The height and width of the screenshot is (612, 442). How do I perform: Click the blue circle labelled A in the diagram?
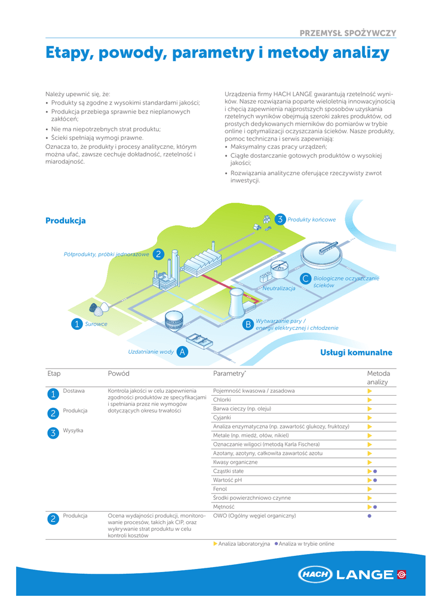[x=183, y=352]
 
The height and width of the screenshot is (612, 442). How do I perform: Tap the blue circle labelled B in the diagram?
[x=248, y=325]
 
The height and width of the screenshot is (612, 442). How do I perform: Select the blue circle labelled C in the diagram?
[x=305, y=279]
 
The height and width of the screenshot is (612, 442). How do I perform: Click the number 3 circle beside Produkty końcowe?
[x=280, y=219]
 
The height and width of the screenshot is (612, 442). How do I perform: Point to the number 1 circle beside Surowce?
[x=76, y=325]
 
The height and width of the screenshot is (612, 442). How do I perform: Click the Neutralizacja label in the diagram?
[x=279, y=289]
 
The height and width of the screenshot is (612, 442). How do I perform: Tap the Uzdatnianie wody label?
[x=151, y=352]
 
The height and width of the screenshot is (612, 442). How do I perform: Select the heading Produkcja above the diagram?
[x=66, y=221]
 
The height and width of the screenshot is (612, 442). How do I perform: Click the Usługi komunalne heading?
[x=356, y=353]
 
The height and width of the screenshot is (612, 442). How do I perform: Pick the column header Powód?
[x=118, y=374]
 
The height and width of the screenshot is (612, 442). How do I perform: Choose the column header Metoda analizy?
[x=377, y=378]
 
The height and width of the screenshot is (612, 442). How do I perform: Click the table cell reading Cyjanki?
[x=222, y=418]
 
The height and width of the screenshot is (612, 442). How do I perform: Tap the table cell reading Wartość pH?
[x=227, y=481]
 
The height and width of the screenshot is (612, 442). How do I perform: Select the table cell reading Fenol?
[x=220, y=489]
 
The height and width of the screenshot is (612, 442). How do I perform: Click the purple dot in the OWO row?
[x=370, y=516]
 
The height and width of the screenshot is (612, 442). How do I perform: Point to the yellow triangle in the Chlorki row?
[x=370, y=400]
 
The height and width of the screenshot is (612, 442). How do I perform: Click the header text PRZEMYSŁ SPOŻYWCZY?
[x=348, y=33]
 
